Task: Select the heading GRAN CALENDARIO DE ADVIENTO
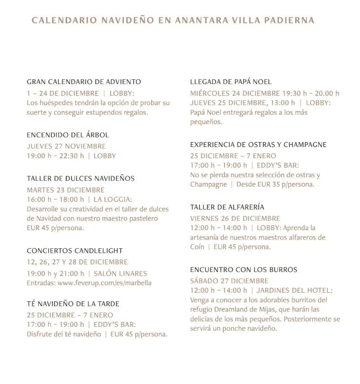pyautogui.click(x=84, y=82)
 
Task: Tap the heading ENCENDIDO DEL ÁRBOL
pyautogui.click(x=67, y=135)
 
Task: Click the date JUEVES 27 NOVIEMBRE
pyautogui.click(x=66, y=146)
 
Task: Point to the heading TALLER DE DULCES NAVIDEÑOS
pyautogui.click(x=81, y=179)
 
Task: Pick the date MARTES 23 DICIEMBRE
pyautogui.click(x=65, y=190)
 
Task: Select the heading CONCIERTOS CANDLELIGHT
pyautogui.click(x=75, y=250)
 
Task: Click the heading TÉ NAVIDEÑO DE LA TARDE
pyautogui.click(x=73, y=304)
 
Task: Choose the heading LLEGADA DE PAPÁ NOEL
pyautogui.click(x=231, y=82)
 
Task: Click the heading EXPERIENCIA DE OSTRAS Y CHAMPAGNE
pyautogui.click(x=258, y=145)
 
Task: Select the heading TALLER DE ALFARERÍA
pyautogui.click(x=227, y=207)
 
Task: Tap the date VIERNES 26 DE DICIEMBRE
pyautogui.click(x=235, y=218)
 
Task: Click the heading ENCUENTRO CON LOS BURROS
pyautogui.click(x=243, y=270)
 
